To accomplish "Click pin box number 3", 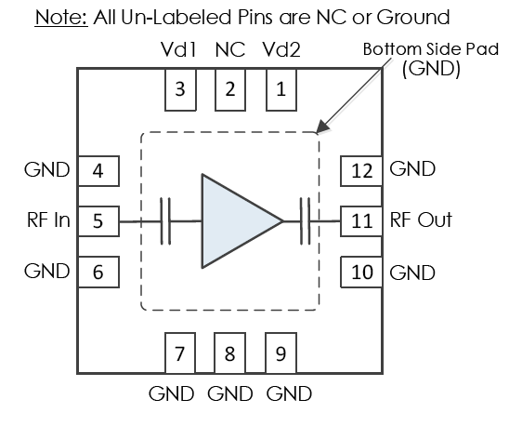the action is [x=180, y=89].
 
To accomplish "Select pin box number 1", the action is [x=281, y=89].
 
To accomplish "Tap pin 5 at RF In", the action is [x=98, y=221].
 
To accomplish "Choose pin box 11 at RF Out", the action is [x=361, y=221].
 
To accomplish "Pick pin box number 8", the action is [x=229, y=353].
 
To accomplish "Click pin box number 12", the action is [x=361, y=171].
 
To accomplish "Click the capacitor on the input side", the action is [x=165, y=221].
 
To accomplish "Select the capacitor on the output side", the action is [x=306, y=221].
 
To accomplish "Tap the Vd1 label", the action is [x=178, y=50].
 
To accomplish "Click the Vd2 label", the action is [x=281, y=50].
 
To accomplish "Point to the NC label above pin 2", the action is [x=230, y=50].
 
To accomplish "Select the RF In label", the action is [x=48, y=220].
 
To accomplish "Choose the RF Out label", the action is [x=421, y=220].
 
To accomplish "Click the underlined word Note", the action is [x=61, y=18].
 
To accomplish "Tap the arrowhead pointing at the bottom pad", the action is [x=322, y=126].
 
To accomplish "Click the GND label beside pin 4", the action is [x=47, y=170].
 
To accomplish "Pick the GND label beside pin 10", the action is [x=412, y=273].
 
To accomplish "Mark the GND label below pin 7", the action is [x=172, y=393].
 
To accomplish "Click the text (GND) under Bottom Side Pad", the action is [x=431, y=69].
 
